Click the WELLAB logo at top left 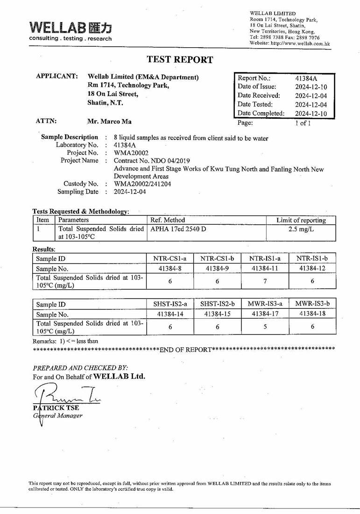[70, 30]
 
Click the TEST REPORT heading [180, 59]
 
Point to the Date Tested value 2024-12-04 [311, 105]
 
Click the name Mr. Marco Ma [109, 121]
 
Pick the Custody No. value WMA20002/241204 [142, 184]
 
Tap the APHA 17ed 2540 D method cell [178, 229]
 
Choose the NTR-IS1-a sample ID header [265, 258]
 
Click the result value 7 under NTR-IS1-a [265, 281]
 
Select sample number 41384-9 [218, 268]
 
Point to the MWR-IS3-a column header [265, 304]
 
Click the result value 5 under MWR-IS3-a [265, 327]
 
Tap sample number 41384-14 [170, 314]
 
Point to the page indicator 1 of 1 [302, 123]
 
